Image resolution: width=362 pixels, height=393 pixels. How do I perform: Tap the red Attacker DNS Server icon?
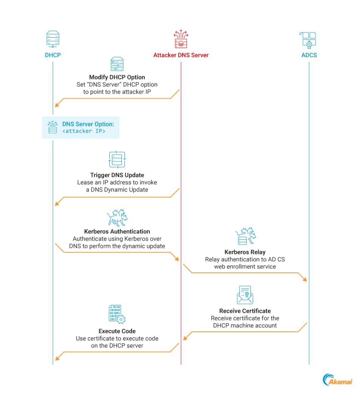(181, 39)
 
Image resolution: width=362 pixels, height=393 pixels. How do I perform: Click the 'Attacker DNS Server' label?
(181, 55)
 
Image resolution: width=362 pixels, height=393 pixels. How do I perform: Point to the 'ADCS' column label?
(309, 55)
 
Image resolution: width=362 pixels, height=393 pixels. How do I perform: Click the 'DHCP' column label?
(53, 55)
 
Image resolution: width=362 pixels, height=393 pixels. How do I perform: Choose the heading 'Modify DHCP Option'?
(117, 77)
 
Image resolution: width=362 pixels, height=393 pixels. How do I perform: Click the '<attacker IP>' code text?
(84, 131)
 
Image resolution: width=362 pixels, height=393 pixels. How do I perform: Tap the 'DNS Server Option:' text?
(88, 124)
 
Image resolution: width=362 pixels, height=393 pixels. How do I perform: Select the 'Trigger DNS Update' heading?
(117, 175)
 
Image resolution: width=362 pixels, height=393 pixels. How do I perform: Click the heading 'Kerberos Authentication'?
(117, 231)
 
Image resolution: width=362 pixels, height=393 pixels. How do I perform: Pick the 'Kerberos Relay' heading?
(245, 252)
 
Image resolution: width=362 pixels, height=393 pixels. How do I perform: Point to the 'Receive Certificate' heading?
(245, 311)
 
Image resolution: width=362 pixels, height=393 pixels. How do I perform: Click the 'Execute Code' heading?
(117, 331)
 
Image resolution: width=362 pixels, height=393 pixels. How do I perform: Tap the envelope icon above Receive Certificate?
(245, 295)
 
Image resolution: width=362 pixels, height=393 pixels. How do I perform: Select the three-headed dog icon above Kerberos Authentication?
(117, 218)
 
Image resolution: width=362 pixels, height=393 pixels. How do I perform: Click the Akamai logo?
(337, 380)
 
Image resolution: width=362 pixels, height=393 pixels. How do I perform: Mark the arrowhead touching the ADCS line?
(305, 279)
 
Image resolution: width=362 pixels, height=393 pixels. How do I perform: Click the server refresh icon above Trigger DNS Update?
(117, 160)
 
